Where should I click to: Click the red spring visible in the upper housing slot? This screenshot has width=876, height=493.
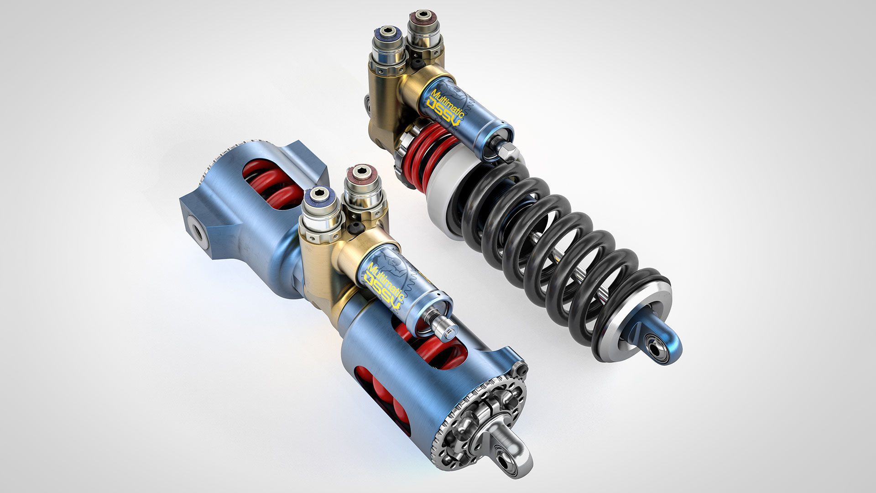[x=265, y=183]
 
